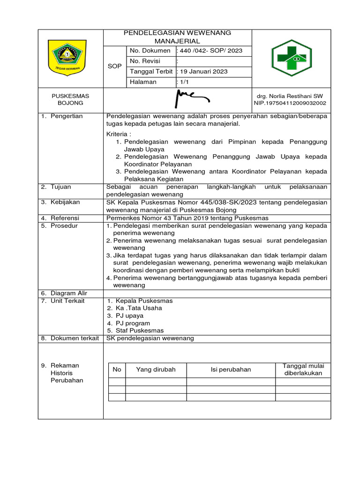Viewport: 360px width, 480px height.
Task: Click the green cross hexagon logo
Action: (x=292, y=58)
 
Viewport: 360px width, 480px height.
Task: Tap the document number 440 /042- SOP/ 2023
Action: (x=209, y=51)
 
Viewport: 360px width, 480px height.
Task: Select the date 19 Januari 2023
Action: (x=202, y=71)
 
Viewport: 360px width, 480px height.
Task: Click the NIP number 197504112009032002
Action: (x=290, y=103)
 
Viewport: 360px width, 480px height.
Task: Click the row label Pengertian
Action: (x=67, y=116)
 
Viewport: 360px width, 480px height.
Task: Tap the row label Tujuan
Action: (x=61, y=187)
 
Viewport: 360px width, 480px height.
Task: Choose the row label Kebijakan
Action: (x=65, y=202)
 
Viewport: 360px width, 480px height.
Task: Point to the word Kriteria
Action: (x=118, y=134)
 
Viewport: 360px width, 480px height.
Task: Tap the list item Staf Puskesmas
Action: (x=140, y=330)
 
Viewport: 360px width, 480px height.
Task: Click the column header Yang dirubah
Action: (x=156, y=369)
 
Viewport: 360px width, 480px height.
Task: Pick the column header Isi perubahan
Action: (x=231, y=369)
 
